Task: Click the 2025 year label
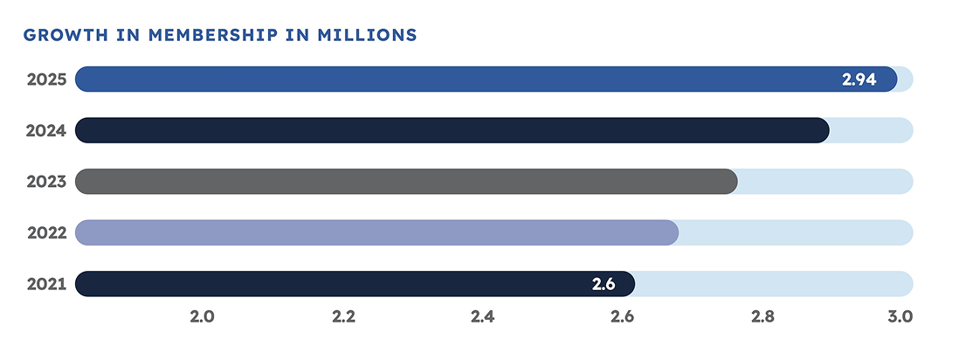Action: [x=45, y=80]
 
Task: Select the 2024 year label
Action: [x=45, y=131]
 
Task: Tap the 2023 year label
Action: [x=45, y=182]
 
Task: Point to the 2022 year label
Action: [x=45, y=233]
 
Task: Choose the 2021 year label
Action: [x=45, y=284]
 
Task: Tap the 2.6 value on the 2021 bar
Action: [x=604, y=284]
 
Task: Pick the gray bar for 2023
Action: [x=406, y=182]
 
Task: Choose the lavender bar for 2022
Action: [x=376, y=233]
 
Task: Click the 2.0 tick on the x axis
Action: [x=203, y=316]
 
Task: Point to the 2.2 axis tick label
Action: [x=343, y=316]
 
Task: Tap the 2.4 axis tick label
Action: [x=482, y=316]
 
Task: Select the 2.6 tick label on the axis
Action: [x=622, y=316]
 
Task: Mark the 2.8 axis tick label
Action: [x=762, y=316]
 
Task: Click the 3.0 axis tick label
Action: [x=900, y=316]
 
